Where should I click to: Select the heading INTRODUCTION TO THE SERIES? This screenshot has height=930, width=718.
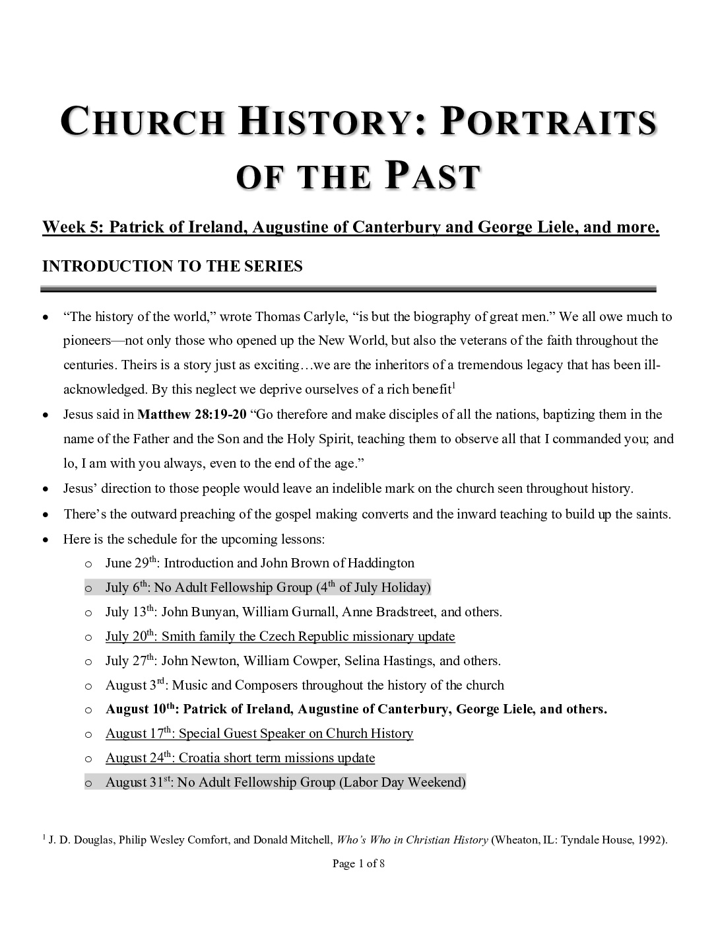point(172,266)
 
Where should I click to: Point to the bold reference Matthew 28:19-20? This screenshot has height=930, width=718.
point(192,415)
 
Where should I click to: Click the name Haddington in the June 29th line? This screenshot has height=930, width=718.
point(381,563)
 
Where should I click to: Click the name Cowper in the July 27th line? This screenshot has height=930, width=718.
point(314,661)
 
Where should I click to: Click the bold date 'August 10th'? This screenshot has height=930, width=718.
point(141,709)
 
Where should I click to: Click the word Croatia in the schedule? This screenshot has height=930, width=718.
point(199,758)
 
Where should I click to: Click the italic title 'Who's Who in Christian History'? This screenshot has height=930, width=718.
point(412,841)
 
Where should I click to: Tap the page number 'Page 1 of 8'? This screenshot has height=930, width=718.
point(358,863)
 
